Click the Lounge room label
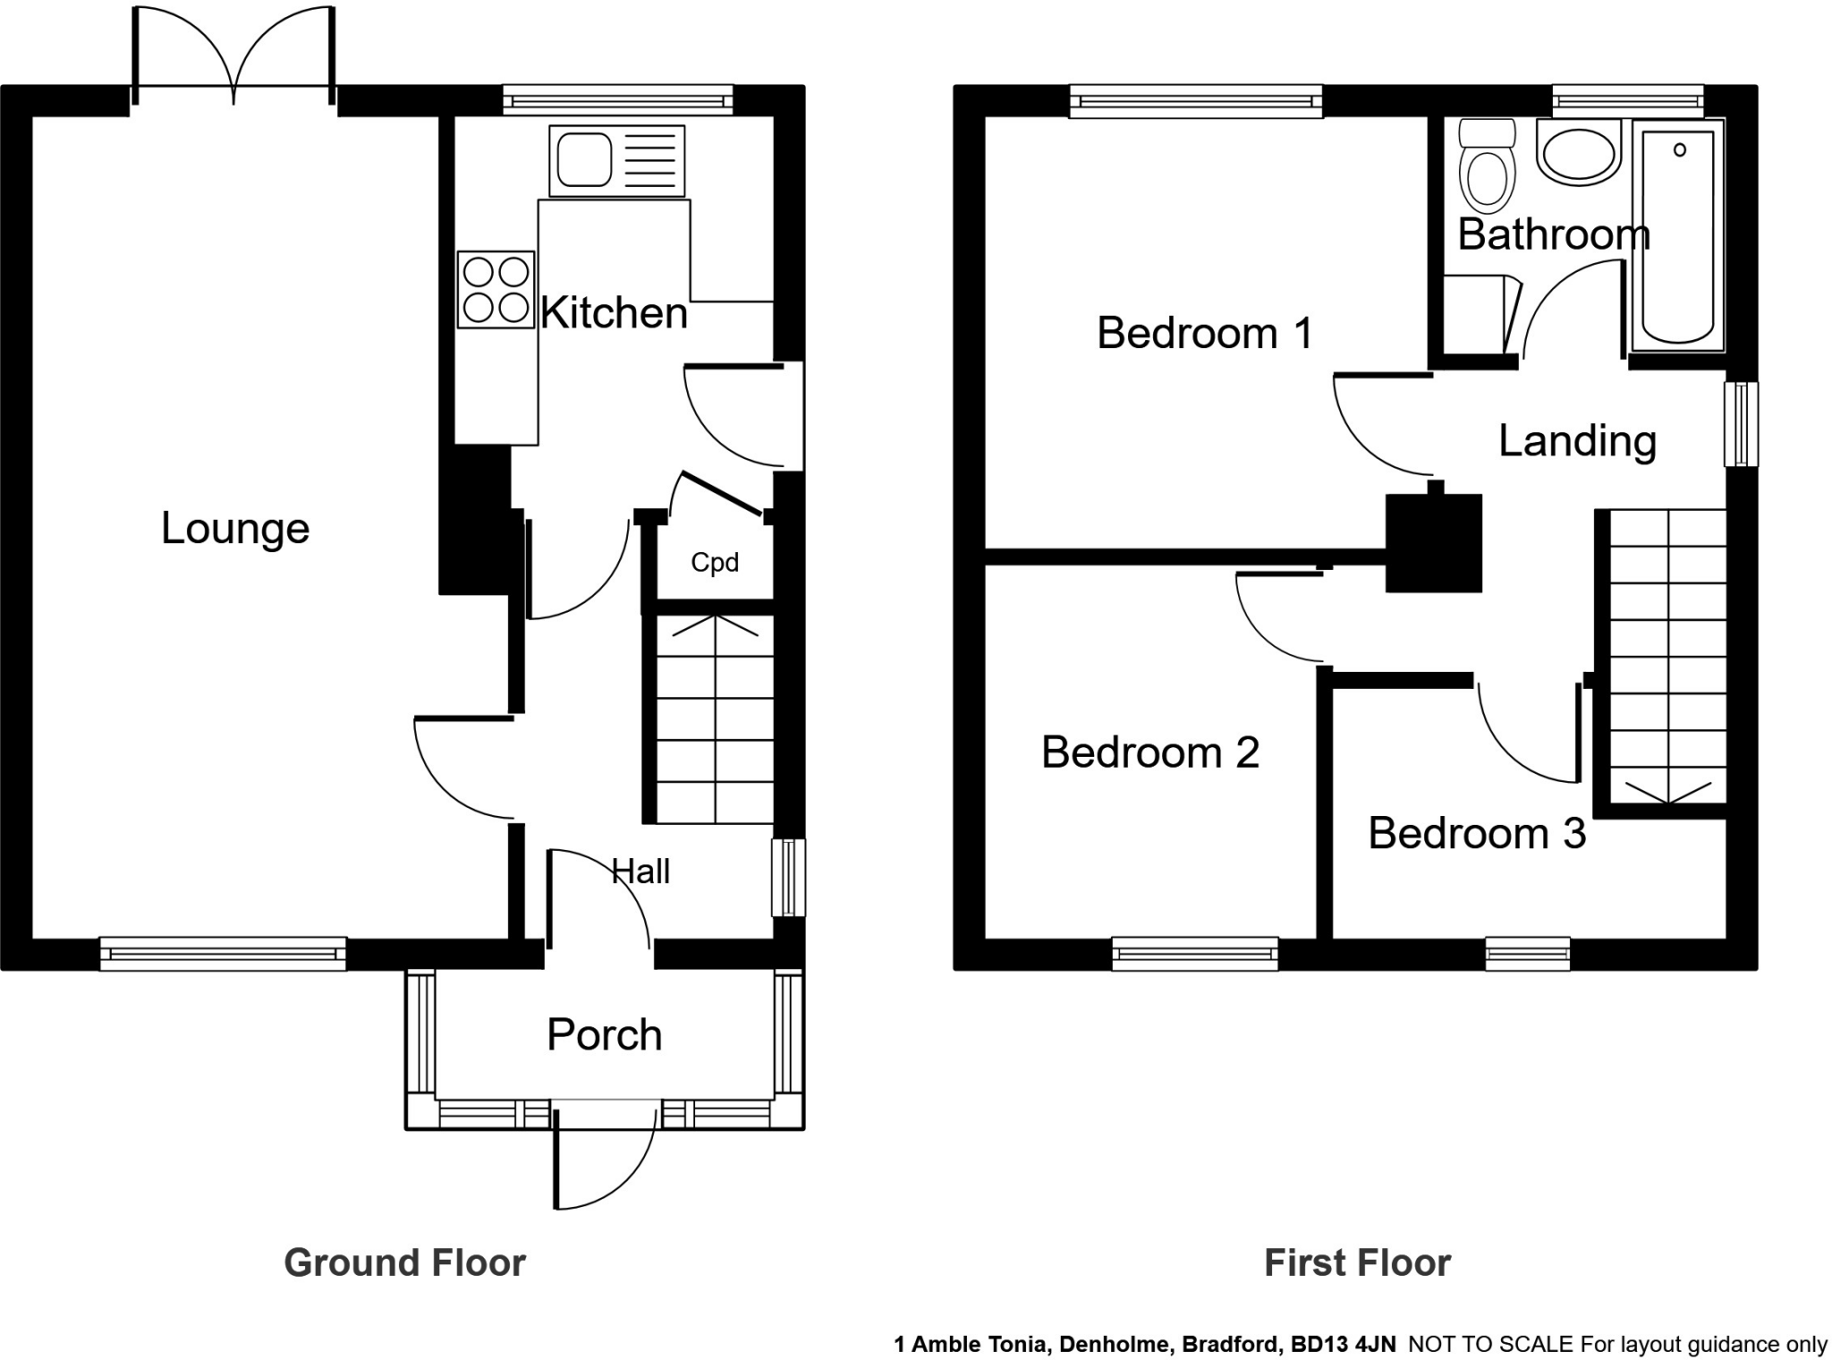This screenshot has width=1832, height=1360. click(235, 528)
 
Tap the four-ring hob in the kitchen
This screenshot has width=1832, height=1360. click(496, 289)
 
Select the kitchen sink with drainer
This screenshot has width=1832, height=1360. click(616, 160)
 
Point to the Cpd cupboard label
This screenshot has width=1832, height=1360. click(715, 562)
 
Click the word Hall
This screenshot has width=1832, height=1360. click(640, 871)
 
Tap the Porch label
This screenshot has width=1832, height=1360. click(604, 1034)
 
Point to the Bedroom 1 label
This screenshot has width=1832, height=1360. click(1204, 333)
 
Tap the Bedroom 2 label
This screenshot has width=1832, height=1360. click(1149, 752)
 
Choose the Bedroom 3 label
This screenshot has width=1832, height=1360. click(1476, 833)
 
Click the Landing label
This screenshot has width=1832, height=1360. click(1577, 441)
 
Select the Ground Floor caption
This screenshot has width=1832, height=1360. click(404, 1262)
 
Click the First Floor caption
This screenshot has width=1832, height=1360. click(1356, 1262)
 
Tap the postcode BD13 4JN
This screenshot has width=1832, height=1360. click(1342, 1344)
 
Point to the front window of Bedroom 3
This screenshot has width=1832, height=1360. click(1527, 954)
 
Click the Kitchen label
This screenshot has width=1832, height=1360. click(614, 312)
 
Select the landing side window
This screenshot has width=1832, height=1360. click(1741, 424)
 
